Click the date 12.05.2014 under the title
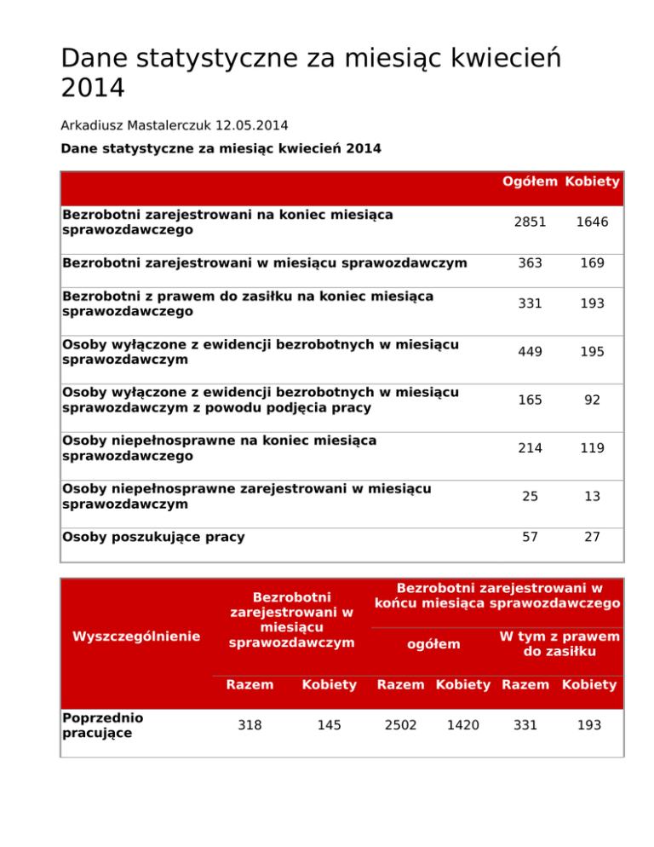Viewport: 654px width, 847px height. click(251, 125)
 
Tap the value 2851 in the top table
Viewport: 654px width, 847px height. click(531, 222)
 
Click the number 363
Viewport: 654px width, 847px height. click(531, 263)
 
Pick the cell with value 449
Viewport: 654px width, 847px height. click(531, 352)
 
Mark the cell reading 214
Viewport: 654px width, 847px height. click(531, 448)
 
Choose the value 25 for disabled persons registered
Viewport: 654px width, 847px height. click(531, 496)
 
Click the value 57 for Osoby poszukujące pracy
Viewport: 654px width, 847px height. click(531, 537)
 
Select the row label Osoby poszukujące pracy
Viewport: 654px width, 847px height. click(153, 537)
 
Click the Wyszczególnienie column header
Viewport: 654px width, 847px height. click(136, 636)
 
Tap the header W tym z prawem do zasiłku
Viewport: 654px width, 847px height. click(559, 644)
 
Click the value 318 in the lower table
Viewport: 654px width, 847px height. click(250, 724)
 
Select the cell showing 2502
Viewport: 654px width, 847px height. click(401, 724)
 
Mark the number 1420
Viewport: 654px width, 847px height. click(462, 724)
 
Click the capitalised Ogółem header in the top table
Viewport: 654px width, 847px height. click(530, 181)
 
